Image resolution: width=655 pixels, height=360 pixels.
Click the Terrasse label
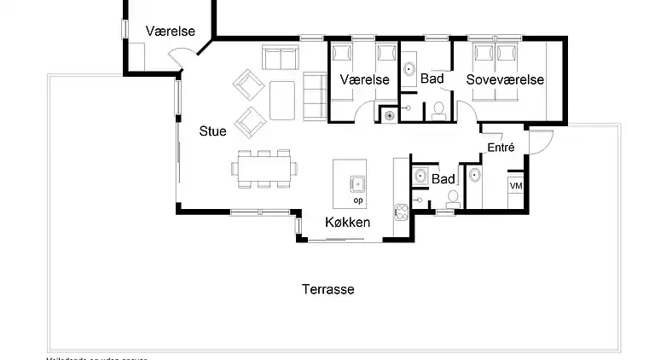pos(327,289)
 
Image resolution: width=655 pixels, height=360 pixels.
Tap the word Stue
pos(212,131)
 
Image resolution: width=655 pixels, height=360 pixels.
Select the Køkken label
pos(347,223)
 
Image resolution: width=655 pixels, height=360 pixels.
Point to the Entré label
pos(501,148)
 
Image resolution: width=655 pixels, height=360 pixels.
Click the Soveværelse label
pos(505,79)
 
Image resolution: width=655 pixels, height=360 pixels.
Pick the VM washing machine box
pos(516,186)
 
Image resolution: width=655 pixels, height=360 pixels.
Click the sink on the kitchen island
pos(356,182)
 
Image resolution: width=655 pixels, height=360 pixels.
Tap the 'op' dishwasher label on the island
pos(357,200)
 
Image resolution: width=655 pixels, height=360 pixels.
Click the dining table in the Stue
pos(265,169)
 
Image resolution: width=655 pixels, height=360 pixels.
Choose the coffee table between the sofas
pos(282,99)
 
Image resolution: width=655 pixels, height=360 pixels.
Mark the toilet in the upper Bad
pos(438,109)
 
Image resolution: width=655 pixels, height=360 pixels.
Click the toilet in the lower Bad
pos(451,198)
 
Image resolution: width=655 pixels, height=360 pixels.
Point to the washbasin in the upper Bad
pos(409,69)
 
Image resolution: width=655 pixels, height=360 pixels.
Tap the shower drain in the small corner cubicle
pos(389,113)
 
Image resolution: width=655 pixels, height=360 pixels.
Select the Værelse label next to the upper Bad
pos(364,79)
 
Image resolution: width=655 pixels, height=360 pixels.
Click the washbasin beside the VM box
pos(474,177)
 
